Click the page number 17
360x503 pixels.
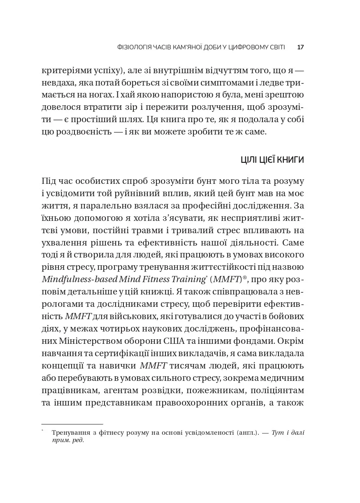pyautogui.click(x=300, y=47)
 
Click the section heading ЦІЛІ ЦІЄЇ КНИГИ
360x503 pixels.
pyautogui.click(x=272, y=160)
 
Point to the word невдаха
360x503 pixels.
pyautogui.click(x=58, y=82)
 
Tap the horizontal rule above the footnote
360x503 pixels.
pyautogui.click(x=72, y=424)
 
